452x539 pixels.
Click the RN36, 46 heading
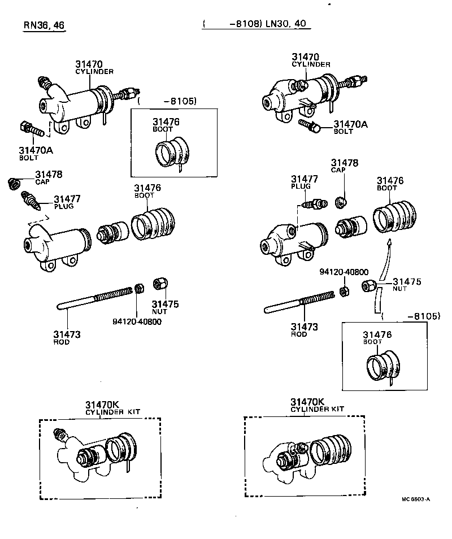(44, 25)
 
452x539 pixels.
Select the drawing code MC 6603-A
(416, 499)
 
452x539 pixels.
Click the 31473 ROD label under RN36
(67, 337)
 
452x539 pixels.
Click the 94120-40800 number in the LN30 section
(344, 272)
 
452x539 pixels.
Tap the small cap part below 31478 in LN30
(341, 202)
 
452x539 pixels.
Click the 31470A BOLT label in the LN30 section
(350, 127)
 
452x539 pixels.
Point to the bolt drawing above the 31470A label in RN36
(33, 129)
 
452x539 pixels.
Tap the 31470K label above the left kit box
(102, 404)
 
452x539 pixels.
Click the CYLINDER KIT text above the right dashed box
(318, 409)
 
